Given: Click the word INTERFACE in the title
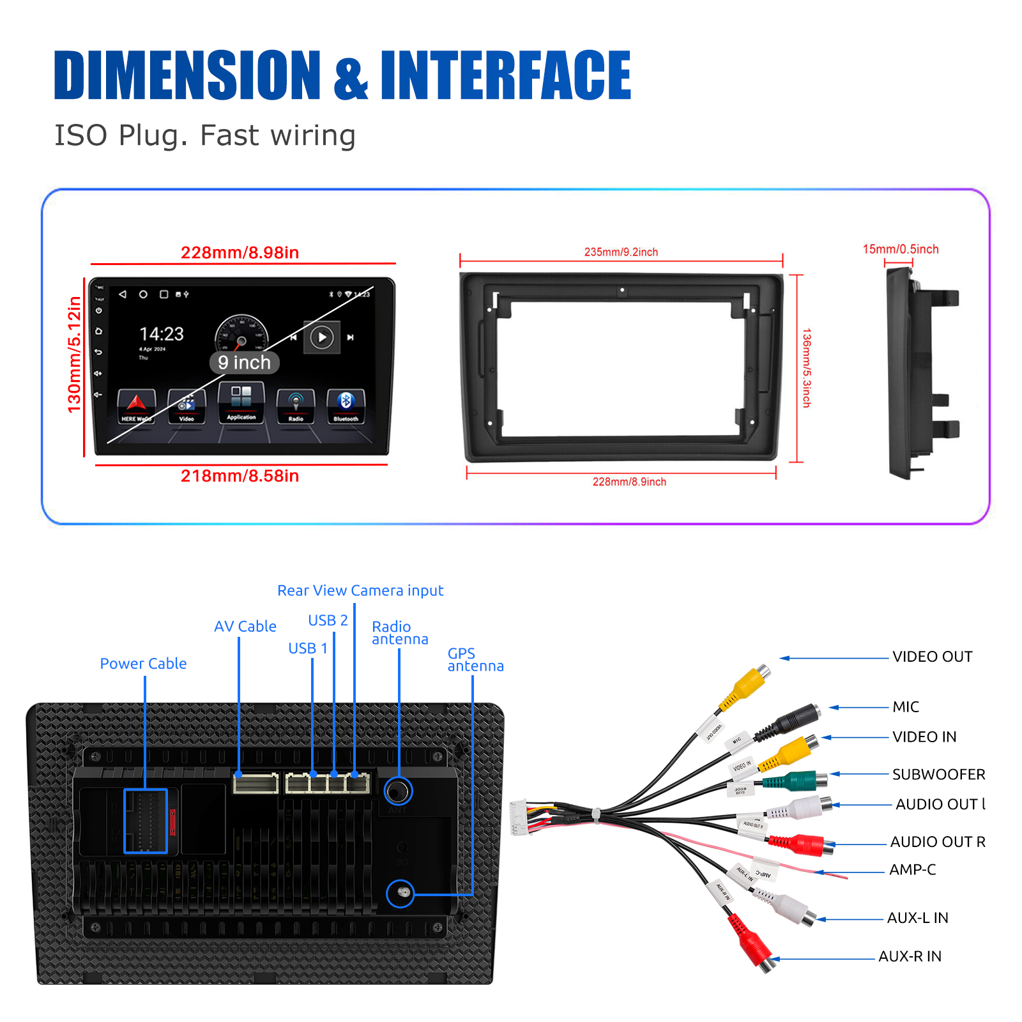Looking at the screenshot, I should (505, 75).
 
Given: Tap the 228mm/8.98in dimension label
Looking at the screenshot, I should (240, 253).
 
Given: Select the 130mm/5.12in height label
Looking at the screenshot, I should (75, 355).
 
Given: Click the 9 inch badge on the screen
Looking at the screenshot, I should (244, 363).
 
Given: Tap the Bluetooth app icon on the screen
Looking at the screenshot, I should (346, 406).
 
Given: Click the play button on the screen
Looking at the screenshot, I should (322, 337).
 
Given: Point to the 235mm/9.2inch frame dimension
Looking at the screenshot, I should (621, 252).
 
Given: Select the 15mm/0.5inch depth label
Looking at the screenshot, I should (901, 249).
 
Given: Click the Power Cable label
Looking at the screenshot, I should (143, 664).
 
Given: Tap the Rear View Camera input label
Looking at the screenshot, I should (360, 591).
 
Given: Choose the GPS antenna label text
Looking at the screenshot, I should (475, 660).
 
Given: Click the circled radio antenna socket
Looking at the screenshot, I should (398, 792).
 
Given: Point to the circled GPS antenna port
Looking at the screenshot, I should (400, 893).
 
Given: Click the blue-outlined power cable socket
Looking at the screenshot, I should (146, 821).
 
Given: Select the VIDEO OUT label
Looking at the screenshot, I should (932, 657).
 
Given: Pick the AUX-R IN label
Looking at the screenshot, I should (910, 956).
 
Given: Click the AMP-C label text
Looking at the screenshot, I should (912, 869).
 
